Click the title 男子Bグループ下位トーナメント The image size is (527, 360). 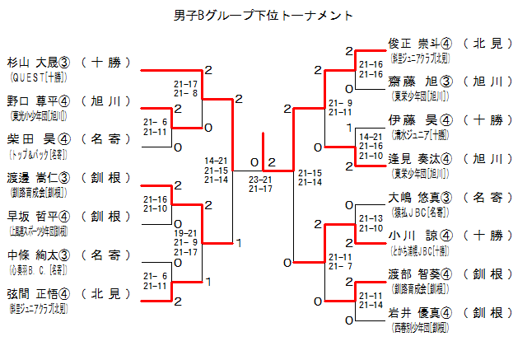click(264, 15)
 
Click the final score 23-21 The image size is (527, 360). click(261, 179)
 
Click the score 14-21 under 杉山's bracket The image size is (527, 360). click(217, 161)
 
